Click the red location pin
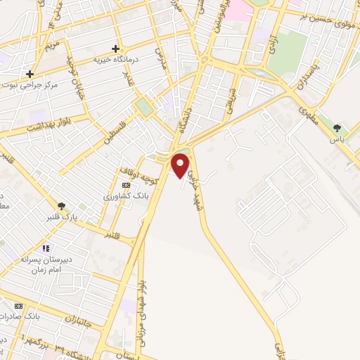pyautogui.click(x=181, y=163)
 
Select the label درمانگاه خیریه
pyautogui.click(x=117, y=60)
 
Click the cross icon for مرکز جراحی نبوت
pyautogui.click(x=30, y=73)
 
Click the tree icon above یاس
pyautogui.click(x=339, y=128)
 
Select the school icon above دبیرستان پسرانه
pyautogui.click(x=46, y=248)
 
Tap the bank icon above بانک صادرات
pyautogui.click(x=19, y=307)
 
